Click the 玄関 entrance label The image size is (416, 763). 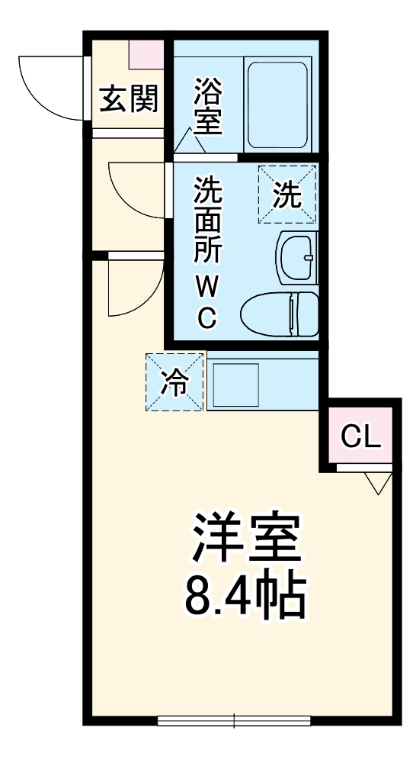pyautogui.click(x=129, y=99)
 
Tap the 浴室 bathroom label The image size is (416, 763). pyautogui.click(x=207, y=108)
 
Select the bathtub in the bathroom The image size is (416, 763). pyautogui.click(x=277, y=103)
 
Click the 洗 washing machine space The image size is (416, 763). pyautogui.click(x=286, y=195)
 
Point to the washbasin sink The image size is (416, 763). pyautogui.click(x=296, y=258)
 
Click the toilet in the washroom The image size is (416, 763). pyautogui.click(x=279, y=313)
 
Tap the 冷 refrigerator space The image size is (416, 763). pyautogui.click(x=176, y=381)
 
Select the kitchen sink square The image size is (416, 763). pyautogui.click(x=236, y=385)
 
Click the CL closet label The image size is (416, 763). pyautogui.click(x=360, y=436)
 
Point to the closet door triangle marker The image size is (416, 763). pyautogui.click(x=378, y=482)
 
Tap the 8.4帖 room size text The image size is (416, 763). pyautogui.click(x=245, y=597)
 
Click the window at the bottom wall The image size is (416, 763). pyautogui.click(x=234, y=720)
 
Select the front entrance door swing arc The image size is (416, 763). pyautogui.click(x=46, y=87)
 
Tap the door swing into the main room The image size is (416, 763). pyautogui.click(x=133, y=287)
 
